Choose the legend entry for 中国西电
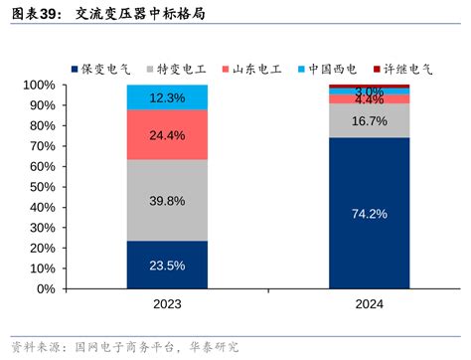(x=333, y=69)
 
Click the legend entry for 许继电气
(x=407, y=69)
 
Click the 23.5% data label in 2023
(x=167, y=266)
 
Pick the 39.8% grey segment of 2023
(x=167, y=201)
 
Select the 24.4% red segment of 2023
(x=167, y=134)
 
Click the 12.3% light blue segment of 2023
(x=167, y=97)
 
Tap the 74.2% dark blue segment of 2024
(x=369, y=213)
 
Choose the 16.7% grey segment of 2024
(x=369, y=120)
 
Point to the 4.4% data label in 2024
(x=369, y=99)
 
